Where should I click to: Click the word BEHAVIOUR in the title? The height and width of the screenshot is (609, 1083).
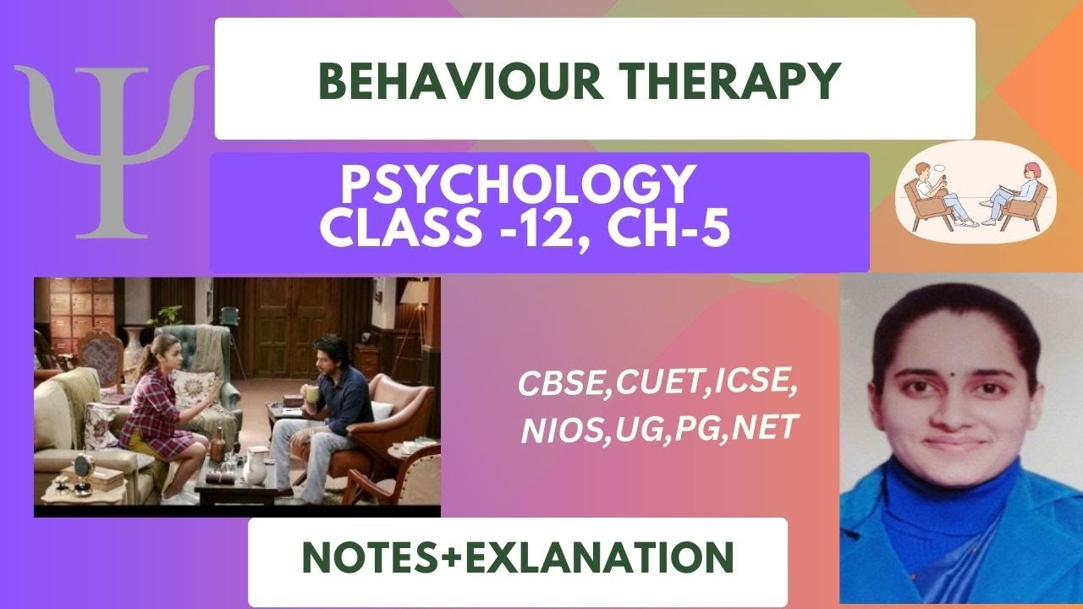click(433, 81)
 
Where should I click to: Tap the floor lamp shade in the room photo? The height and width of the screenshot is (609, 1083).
click(415, 292)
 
